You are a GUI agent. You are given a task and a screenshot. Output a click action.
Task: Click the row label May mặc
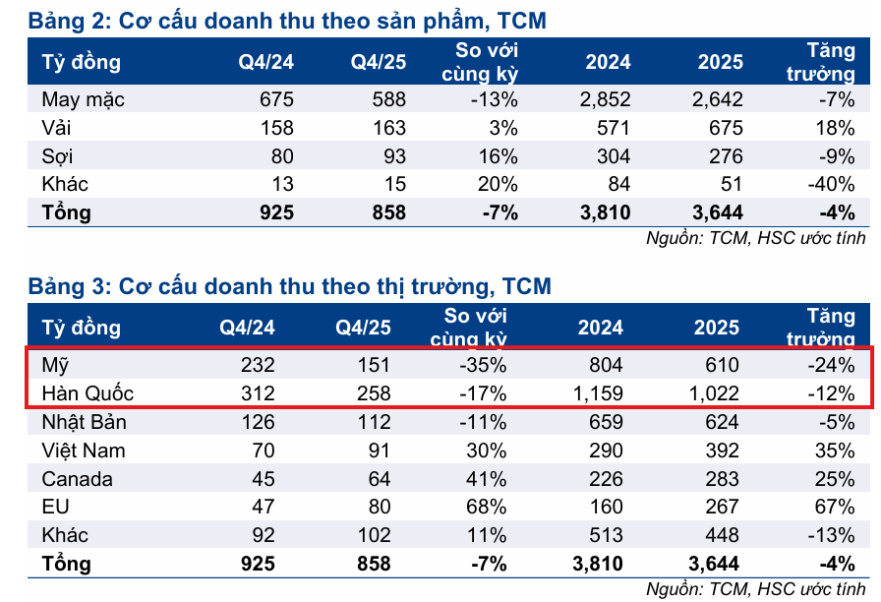[83, 99]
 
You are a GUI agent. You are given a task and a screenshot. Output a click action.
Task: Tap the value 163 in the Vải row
[385, 127]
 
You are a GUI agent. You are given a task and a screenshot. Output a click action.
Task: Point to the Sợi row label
[58, 155]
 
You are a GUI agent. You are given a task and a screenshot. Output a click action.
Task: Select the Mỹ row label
[55, 365]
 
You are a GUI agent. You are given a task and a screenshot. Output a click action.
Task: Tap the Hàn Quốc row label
[87, 393]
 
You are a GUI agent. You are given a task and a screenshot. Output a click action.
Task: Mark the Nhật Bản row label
[83, 422]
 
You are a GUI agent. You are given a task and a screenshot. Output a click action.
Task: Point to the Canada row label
[77, 479]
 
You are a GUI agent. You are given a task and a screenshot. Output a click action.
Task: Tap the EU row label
[53, 508]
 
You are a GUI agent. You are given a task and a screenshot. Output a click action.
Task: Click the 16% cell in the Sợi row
[498, 155]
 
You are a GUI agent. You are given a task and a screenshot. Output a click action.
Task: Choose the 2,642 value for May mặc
[717, 99]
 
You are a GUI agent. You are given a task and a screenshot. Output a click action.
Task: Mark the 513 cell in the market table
[606, 536]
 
